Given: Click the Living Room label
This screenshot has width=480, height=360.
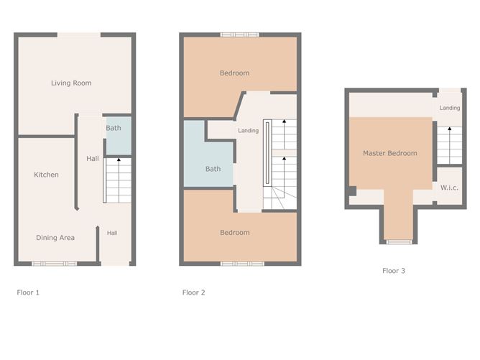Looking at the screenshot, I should (71, 83).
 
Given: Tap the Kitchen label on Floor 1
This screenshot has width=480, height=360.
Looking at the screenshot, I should (46, 175).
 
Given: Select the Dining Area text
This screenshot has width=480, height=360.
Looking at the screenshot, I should (55, 237).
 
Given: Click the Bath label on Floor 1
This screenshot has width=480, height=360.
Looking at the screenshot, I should (114, 129).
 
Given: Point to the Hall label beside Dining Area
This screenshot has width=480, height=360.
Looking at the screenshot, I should (113, 233).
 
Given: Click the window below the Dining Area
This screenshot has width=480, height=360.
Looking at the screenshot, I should (54, 264).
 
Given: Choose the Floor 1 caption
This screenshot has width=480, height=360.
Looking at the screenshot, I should (28, 292).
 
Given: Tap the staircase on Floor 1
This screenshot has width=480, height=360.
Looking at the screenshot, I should (118, 180).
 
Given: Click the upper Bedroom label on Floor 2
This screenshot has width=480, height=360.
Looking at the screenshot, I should (234, 73).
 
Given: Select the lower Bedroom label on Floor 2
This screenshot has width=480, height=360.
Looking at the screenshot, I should (234, 232).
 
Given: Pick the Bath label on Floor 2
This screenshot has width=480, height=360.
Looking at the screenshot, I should (213, 169).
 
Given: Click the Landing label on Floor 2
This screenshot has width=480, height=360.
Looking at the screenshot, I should (248, 131).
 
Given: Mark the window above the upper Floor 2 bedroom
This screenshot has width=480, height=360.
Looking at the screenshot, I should (239, 34).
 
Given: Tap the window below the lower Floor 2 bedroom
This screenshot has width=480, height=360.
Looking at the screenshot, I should (237, 264).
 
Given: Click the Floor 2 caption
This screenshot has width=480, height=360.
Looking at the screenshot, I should (194, 292).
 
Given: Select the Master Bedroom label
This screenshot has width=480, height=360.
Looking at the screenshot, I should (389, 153).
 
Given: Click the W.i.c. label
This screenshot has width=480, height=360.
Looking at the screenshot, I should (450, 188).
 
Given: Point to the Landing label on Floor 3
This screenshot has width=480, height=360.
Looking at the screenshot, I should (450, 108).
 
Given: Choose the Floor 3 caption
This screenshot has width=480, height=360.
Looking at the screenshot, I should (393, 271).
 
